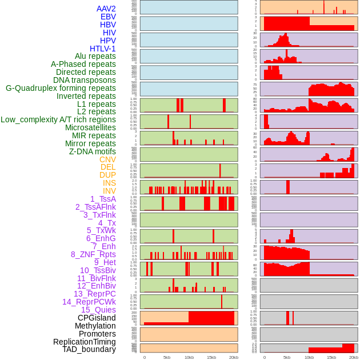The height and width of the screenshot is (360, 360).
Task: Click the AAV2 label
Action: pos(106,9)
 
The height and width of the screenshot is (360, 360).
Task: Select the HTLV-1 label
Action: pos(103,49)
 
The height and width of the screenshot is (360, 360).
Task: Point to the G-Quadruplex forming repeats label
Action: pos(61,88)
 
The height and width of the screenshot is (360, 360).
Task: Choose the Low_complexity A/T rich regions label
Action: pos(58,119)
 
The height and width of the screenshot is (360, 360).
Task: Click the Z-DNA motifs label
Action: pos(93,151)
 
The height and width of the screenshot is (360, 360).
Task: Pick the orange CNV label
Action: pos(107,159)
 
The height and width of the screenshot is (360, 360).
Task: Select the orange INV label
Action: pos(109,191)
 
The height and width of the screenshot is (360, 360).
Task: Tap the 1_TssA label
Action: pos(103,199)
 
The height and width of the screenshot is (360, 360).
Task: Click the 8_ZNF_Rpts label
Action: pos(93,254)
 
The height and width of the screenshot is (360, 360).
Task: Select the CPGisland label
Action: pos(97,318)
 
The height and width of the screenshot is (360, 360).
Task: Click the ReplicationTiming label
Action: pos(85,342)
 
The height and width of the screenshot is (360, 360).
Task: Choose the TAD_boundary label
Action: pos(89,349)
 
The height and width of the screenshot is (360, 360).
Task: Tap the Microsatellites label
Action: pos(90,127)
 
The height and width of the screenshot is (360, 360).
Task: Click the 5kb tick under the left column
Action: pos(167,357)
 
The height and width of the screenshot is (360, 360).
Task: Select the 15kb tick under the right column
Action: pos(331,357)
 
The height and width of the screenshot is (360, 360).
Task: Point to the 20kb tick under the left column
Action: pos(234,357)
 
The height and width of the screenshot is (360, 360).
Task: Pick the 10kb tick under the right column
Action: pos(309,357)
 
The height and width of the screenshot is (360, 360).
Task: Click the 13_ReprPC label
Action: pos(95,294)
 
